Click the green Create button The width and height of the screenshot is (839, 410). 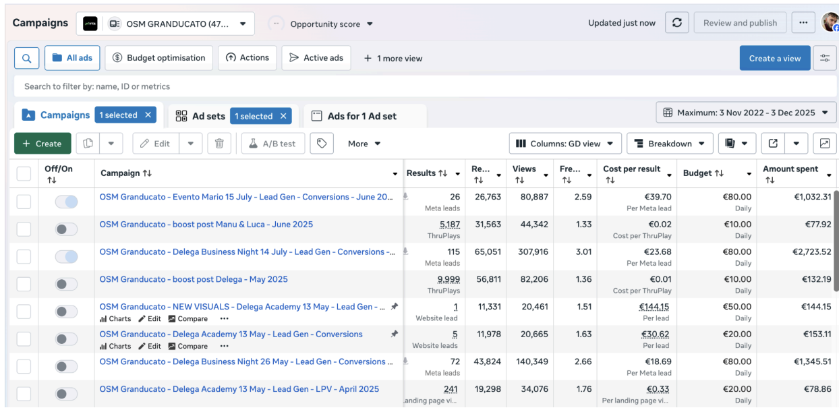pos(42,144)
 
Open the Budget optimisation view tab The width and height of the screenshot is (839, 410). pos(158,58)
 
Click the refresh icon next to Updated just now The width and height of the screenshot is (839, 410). pos(677,23)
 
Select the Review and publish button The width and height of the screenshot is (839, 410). pos(740,23)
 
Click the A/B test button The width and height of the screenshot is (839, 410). pos(272,144)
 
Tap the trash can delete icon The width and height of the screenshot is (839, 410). pos(219,144)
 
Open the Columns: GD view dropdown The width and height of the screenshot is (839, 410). pos(565,144)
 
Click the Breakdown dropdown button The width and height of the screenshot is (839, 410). pos(670,144)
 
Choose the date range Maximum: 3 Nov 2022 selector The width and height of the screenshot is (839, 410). pos(746,113)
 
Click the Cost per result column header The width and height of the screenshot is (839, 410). pos(631,169)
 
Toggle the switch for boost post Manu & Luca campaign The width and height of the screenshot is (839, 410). pos(66,229)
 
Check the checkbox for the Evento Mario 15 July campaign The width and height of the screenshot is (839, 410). pos(24,202)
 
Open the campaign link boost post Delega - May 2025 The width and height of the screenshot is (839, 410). pos(194,279)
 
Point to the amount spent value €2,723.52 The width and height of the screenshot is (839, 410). pos(811,252)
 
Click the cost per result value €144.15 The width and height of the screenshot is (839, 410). pos(654,307)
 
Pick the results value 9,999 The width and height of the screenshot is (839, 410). pos(449,279)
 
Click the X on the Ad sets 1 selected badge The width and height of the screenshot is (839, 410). pos(283,116)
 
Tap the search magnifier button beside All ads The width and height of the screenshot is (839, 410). pos(26,58)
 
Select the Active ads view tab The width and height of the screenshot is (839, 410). pos(316,58)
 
